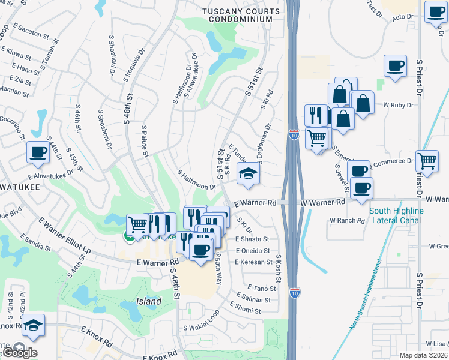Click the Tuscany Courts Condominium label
click(241, 15)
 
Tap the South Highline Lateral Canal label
click(396, 215)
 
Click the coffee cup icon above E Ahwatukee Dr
click(38, 153)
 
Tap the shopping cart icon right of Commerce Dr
click(426, 160)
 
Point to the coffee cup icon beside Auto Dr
click(435, 13)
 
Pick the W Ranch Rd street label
click(347, 221)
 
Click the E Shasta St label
click(253, 238)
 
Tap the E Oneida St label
click(253, 251)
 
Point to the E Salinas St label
click(256, 298)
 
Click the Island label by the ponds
click(148, 301)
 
